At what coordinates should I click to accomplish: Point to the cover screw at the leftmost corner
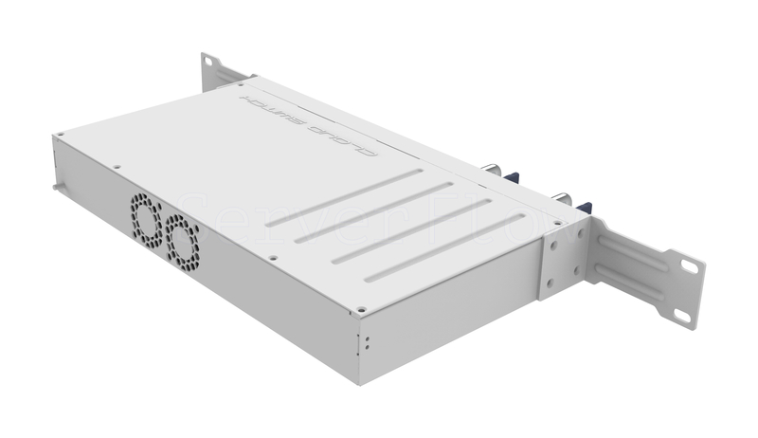click(61, 136)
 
